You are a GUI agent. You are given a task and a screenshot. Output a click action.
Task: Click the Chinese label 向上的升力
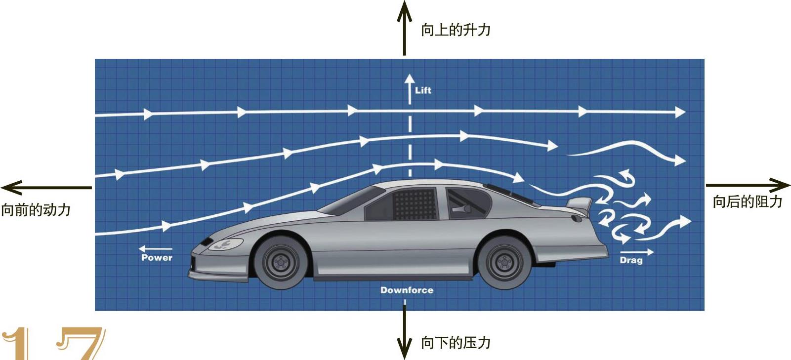pyautogui.click(x=455, y=30)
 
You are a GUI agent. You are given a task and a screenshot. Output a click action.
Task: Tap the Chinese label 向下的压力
pyautogui.click(x=455, y=342)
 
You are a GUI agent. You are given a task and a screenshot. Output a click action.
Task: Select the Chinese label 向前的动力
pyautogui.click(x=36, y=210)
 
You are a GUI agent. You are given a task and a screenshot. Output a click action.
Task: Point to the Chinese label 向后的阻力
pyautogui.click(x=747, y=201)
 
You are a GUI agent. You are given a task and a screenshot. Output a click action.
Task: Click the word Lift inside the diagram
pyautogui.click(x=423, y=90)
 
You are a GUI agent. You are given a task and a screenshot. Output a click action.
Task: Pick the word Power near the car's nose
pyautogui.click(x=157, y=257)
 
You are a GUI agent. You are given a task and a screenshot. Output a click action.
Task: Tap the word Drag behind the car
pyautogui.click(x=631, y=260)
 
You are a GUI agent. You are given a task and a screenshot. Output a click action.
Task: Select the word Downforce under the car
pyautogui.click(x=407, y=290)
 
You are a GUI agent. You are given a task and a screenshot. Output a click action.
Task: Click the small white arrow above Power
pyautogui.click(x=155, y=248)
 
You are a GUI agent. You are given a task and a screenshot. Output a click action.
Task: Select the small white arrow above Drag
pyautogui.click(x=637, y=252)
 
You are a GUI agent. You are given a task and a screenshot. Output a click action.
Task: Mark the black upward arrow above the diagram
pyautogui.click(x=404, y=27)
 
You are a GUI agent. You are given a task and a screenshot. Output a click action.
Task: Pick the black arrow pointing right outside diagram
pyautogui.click(x=748, y=186)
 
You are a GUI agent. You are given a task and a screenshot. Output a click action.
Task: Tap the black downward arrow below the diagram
pyautogui.click(x=404, y=331)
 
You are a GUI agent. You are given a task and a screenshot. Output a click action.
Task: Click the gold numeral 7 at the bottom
pyautogui.click(x=82, y=343)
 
